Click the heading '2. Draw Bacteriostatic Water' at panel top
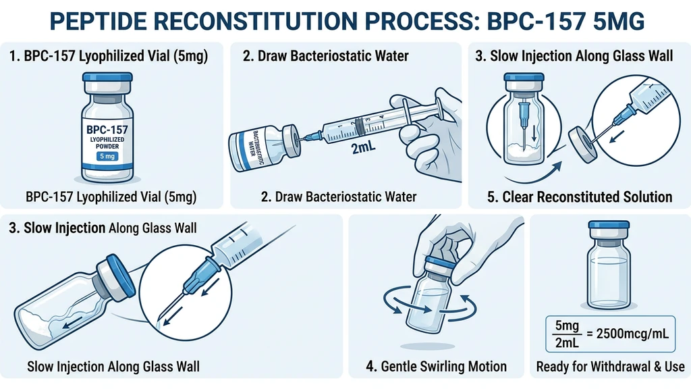[x=326, y=56]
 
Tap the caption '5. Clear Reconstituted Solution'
[x=580, y=197]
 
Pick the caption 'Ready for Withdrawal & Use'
[x=610, y=367]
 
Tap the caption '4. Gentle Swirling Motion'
[x=437, y=367]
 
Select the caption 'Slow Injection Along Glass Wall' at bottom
[x=113, y=367]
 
